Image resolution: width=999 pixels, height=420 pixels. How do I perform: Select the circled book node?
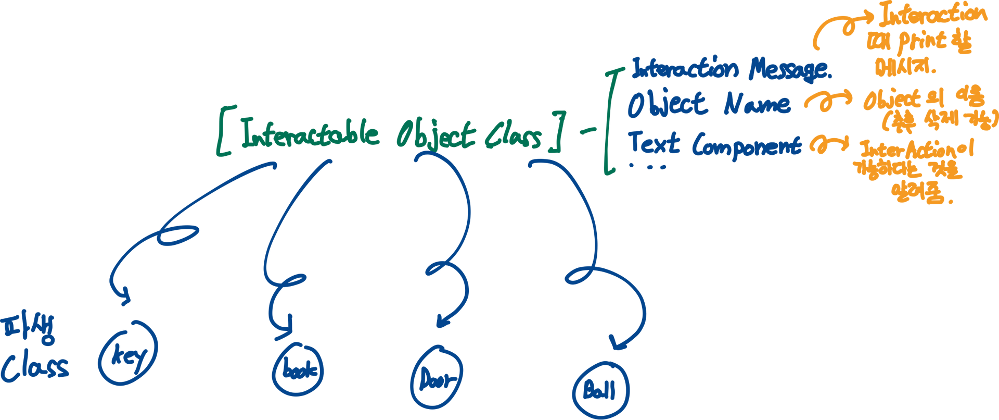point(298,370)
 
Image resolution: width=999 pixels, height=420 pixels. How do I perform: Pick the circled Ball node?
point(601,390)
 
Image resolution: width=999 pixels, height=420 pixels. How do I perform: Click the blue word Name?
point(757,105)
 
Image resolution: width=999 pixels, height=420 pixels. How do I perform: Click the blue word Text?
point(654,142)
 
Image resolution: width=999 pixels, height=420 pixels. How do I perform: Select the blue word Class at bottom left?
point(34,367)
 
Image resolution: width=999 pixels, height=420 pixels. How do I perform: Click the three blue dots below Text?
point(648,166)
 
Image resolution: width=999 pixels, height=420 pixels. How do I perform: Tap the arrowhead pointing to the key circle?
point(124,300)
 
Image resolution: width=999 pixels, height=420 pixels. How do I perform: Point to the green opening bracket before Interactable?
point(224,131)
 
